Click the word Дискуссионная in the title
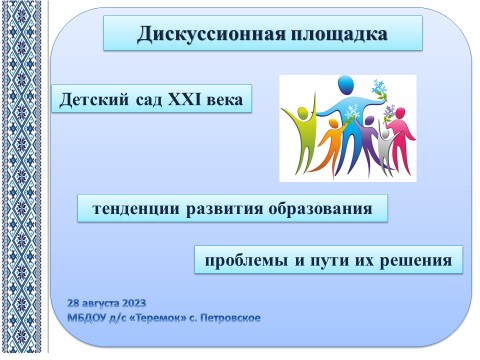click(211, 34)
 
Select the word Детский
click(94, 100)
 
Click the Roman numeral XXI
click(184, 99)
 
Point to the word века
click(225, 100)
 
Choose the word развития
click(224, 209)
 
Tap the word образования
click(320, 209)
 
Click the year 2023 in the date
click(134, 303)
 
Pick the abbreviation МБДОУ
click(87, 318)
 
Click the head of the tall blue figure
click(345, 85)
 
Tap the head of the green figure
click(303, 113)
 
